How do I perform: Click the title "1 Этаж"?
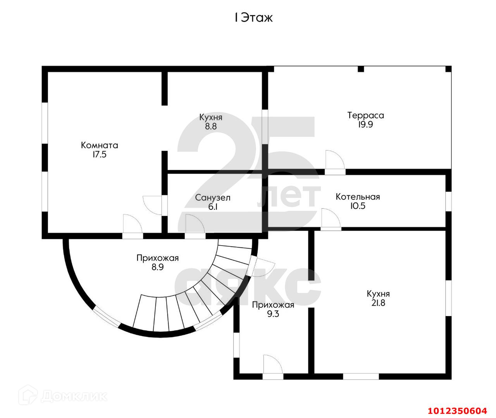tap(253, 18)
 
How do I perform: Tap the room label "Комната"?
tap(99, 146)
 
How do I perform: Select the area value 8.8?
tap(211, 126)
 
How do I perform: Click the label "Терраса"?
tap(365, 115)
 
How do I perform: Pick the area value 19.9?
tap(365, 125)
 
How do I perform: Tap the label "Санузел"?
tap(213, 198)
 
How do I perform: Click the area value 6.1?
tap(213, 207)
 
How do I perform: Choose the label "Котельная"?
tap(358, 197)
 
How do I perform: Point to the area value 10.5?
tap(358, 206)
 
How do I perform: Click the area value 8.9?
tap(157, 267)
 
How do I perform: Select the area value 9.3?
tap(273, 314)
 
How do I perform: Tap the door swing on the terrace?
tap(333, 160)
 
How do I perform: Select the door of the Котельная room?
tap(330, 219)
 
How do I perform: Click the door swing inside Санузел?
tap(194, 224)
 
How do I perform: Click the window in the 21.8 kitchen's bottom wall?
tap(361, 376)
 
